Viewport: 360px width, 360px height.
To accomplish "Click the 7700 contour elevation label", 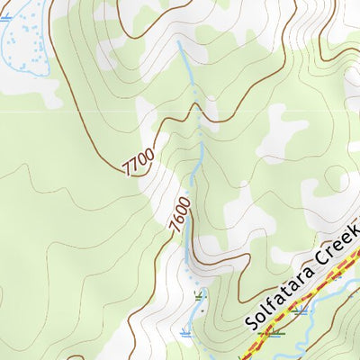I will click(138, 161).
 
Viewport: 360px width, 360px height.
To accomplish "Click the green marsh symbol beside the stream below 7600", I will click(199, 295).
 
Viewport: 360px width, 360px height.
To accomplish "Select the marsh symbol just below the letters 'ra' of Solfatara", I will click(299, 310).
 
